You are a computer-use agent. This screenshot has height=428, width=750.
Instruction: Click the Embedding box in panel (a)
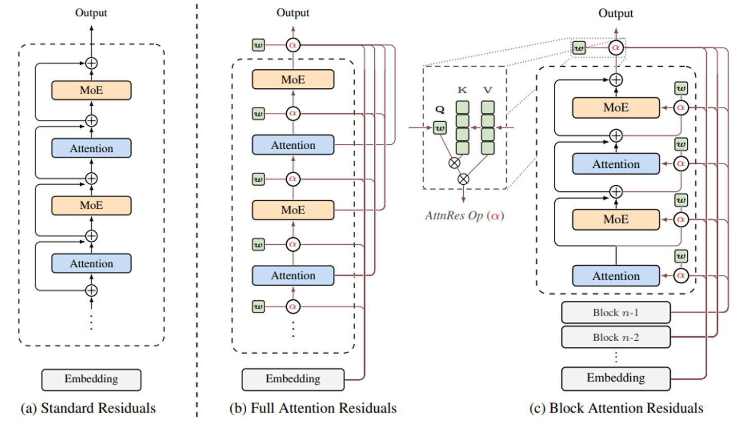pos(91,379)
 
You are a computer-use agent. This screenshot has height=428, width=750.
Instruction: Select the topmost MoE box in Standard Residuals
pos(91,90)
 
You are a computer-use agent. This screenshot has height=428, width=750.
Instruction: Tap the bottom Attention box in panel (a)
pos(91,263)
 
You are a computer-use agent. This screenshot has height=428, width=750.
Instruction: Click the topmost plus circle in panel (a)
pos(91,63)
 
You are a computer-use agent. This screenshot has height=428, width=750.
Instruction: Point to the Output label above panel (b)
pos(292,13)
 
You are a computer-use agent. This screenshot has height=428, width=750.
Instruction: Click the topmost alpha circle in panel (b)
pos(292,45)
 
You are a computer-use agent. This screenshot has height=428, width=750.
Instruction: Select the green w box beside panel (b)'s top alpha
pos(258,45)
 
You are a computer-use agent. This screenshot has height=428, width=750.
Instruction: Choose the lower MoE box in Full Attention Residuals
pos(292,210)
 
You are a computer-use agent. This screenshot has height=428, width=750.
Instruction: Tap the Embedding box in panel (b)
pos(292,379)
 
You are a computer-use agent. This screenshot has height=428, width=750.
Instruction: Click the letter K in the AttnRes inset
pos(462,90)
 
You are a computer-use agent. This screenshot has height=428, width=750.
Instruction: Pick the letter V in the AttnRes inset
pos(487,90)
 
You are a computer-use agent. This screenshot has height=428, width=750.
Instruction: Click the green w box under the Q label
pos(440,128)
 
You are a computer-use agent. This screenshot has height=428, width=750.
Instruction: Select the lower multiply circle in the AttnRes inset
pos(463,179)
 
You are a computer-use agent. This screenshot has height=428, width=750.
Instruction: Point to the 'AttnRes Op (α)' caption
pos(464,216)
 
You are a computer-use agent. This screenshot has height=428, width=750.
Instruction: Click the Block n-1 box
pos(615,313)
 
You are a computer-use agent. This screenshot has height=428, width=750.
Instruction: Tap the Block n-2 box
pos(615,337)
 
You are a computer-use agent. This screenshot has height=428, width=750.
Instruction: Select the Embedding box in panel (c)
pos(615,378)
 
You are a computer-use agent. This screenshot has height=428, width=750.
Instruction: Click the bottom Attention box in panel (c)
pos(615,276)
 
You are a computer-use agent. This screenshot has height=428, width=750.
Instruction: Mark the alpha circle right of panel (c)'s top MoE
pos(681,108)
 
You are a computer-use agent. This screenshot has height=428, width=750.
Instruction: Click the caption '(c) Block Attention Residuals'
pos(616,408)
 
